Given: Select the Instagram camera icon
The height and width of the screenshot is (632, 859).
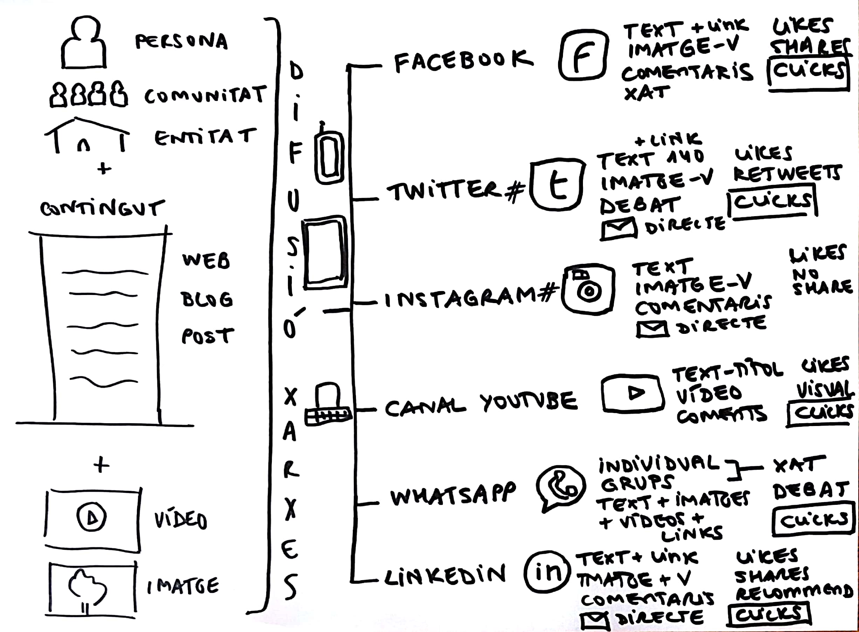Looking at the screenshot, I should coord(588,288).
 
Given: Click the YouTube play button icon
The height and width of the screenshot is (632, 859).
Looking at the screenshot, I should coord(631,392).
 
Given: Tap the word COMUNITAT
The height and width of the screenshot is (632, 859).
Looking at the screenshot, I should coord(205,95).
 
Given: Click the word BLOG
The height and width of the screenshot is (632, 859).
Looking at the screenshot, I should coord(207,299).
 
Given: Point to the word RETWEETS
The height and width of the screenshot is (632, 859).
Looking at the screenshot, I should coord(787,174).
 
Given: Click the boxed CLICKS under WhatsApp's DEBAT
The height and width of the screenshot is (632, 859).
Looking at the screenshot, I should coord(813,520).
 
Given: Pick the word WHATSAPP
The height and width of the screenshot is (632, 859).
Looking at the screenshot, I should coord(453,495).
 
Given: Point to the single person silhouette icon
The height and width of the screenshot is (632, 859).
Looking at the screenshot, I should coord(83,44).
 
